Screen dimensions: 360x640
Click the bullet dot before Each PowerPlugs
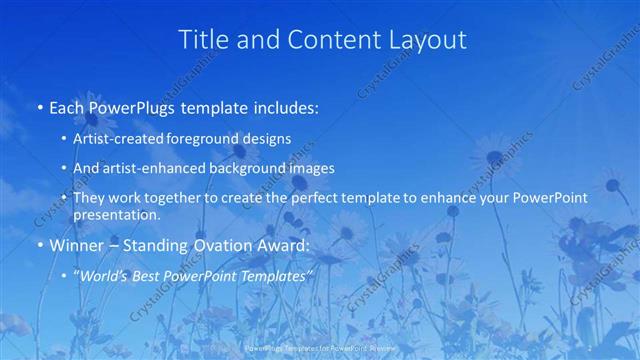point(39,106)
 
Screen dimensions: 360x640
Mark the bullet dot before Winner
point(39,244)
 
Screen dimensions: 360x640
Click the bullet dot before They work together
point(64,199)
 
